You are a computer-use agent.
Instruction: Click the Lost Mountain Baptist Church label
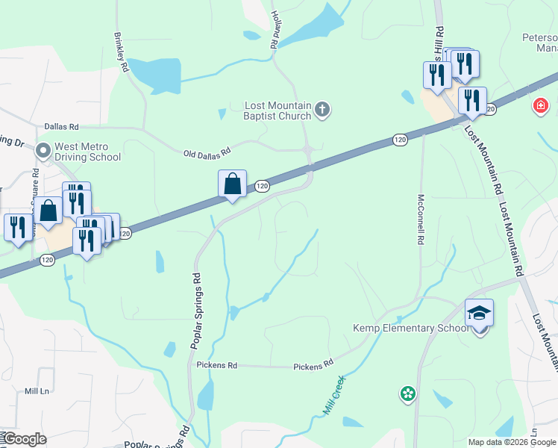point(278,111)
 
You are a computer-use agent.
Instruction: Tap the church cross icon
point(322,111)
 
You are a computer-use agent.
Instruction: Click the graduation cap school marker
point(479,313)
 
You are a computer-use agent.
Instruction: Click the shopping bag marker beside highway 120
point(232,184)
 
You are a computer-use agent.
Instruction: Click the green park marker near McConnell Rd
point(407,393)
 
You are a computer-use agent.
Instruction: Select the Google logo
point(24,439)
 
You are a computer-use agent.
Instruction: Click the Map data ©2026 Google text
point(512,442)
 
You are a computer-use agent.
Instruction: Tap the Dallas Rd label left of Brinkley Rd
point(61,128)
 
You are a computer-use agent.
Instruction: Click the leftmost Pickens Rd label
point(216,366)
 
